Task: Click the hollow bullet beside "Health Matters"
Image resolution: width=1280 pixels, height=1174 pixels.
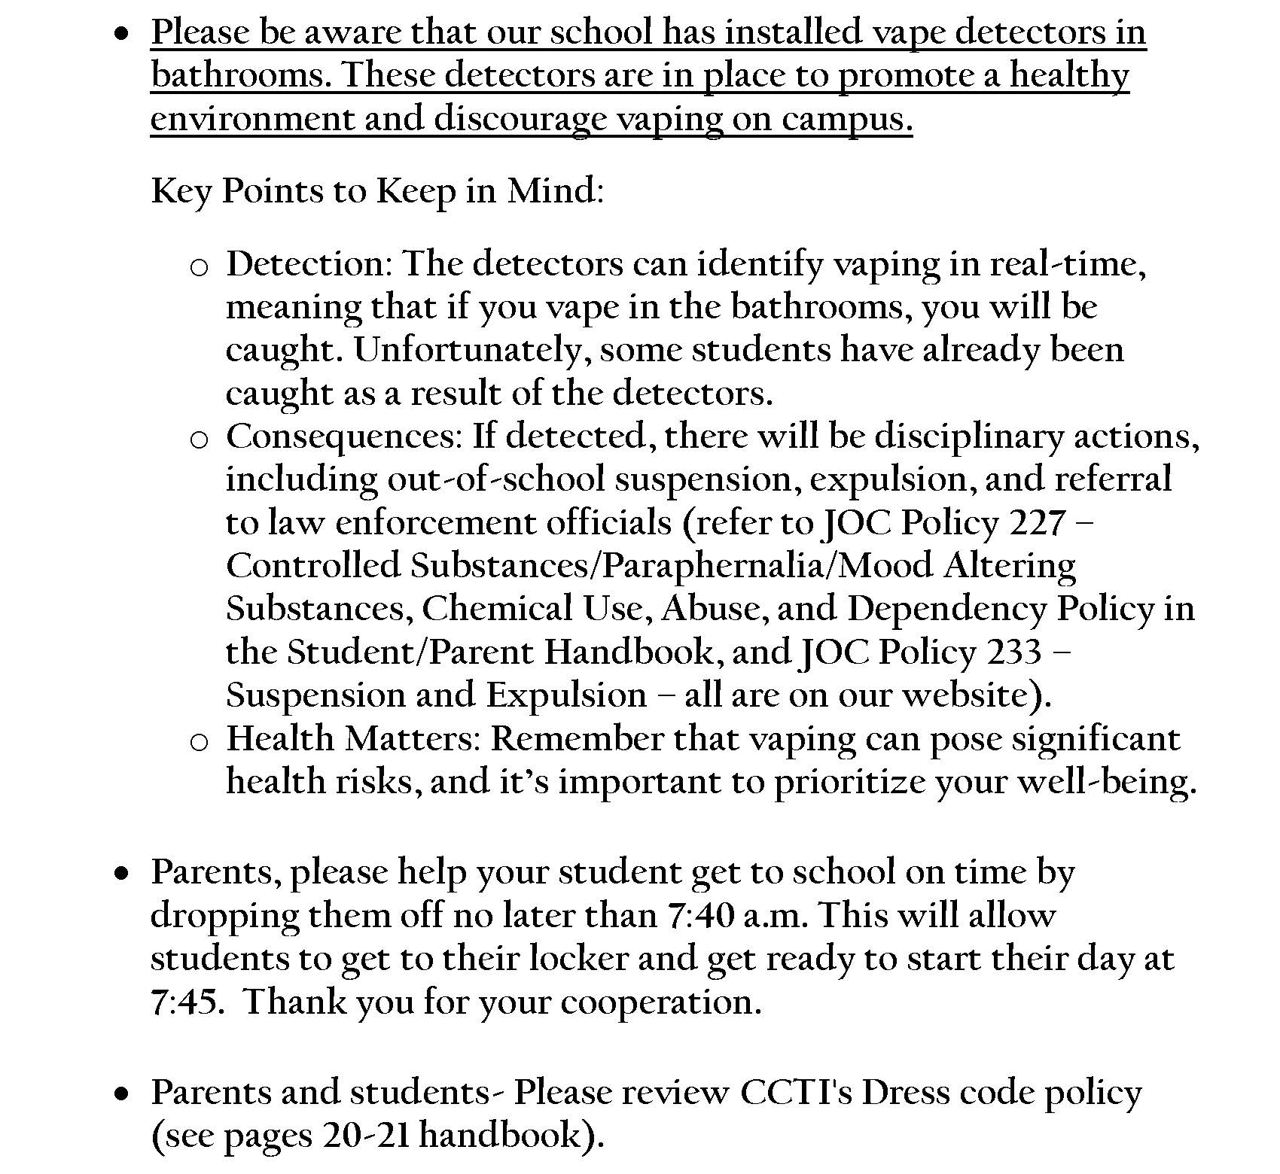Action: (198, 742)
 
